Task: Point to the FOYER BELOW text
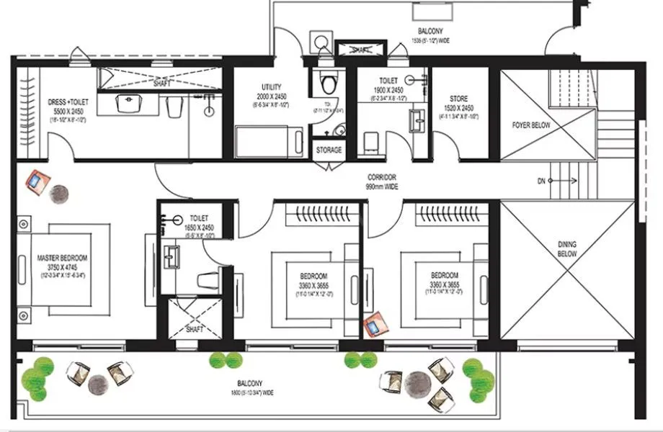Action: (531, 125)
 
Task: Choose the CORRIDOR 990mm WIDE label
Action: (382, 181)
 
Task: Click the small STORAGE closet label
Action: (329, 150)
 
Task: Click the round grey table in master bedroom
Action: (58, 193)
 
